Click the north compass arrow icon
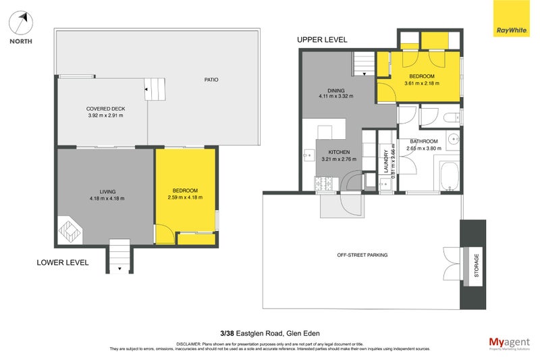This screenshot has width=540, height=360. click(x=20, y=24)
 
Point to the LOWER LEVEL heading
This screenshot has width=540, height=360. click(x=63, y=263)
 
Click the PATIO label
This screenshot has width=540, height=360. click(x=211, y=80)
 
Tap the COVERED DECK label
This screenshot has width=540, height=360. click(x=106, y=109)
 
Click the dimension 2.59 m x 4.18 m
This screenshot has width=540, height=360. click(x=185, y=198)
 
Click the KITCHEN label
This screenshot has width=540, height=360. click(x=338, y=152)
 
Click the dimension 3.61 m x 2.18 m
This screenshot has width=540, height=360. click(x=422, y=84)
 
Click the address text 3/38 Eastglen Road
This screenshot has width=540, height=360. click(x=255, y=332)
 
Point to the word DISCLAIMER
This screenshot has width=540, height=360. click(x=191, y=344)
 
